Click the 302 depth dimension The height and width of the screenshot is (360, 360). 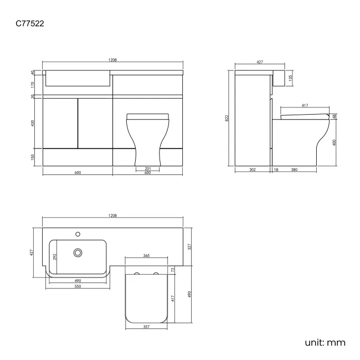(x=252, y=169)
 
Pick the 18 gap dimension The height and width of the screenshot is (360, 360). (x=276, y=169)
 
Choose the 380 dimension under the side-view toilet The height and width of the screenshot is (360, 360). (x=294, y=169)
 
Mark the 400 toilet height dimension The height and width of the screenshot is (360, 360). (x=335, y=142)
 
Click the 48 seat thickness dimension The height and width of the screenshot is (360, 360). (x=335, y=116)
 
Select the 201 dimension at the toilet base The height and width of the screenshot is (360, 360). (x=147, y=168)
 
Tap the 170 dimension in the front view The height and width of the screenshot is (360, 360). (x=33, y=85)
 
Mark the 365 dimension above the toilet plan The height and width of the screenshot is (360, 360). (x=147, y=256)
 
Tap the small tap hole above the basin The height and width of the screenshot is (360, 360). (x=78, y=233)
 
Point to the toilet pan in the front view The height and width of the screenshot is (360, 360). (x=147, y=138)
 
